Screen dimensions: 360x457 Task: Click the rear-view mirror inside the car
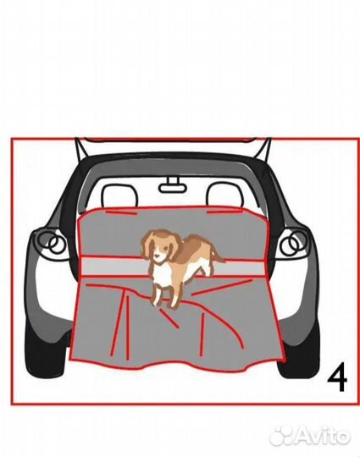pyautogui.click(x=173, y=186)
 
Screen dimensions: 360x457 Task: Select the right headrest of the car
pyautogui.click(x=224, y=195)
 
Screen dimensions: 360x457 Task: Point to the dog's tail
pyautogui.click(x=218, y=254)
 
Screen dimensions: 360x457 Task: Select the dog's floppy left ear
pyautogui.click(x=147, y=245)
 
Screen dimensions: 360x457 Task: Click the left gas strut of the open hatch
pyautogui.click(x=81, y=151)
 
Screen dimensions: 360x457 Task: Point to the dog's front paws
pyautogui.click(x=165, y=300)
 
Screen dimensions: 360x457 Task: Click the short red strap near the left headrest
pyautogui.click(x=122, y=212)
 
